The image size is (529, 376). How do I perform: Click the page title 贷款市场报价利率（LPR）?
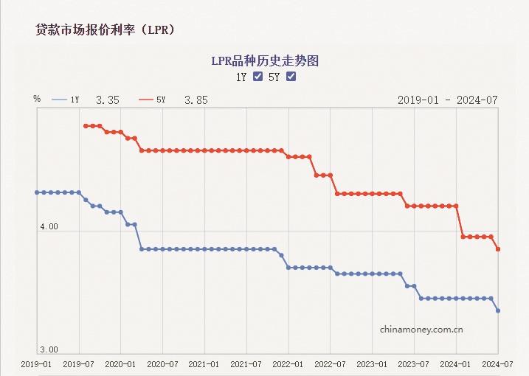[x=105, y=29]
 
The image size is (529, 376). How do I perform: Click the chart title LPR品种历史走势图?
[x=265, y=60]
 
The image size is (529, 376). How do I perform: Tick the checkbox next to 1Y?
[x=257, y=77]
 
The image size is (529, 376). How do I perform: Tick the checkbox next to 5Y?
[x=291, y=77]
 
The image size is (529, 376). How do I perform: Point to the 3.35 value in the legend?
[x=108, y=100]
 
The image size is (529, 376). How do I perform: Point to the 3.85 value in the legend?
[x=196, y=100]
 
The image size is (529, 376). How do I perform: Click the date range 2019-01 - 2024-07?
[x=448, y=100]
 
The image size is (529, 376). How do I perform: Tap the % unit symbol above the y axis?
[x=37, y=98]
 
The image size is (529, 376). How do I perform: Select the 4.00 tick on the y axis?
[x=49, y=226]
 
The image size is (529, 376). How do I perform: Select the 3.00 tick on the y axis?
[x=49, y=349]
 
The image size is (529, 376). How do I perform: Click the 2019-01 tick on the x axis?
[x=36, y=364]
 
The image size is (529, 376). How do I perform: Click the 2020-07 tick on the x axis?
[x=162, y=364]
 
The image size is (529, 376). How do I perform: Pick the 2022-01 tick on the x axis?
[x=288, y=364]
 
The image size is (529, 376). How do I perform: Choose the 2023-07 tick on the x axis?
[x=415, y=364]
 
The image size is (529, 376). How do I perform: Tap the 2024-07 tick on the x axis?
[x=497, y=364]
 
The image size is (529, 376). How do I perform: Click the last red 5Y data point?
[x=498, y=249]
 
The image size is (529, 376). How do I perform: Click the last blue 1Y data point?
[x=498, y=310]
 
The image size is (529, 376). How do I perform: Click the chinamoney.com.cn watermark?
[x=421, y=330]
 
